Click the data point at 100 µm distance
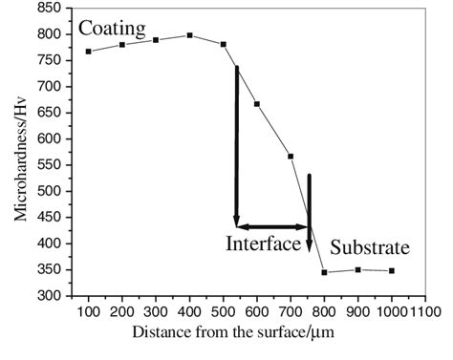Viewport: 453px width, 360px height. pos(89,52)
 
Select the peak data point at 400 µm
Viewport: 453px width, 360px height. pos(190,35)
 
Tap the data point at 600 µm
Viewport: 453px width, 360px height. pos(257,104)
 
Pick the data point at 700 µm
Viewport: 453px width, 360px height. pos(291,157)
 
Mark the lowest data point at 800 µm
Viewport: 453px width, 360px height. pos(325,272)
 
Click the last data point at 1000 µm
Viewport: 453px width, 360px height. pos(392,270)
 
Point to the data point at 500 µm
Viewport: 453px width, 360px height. pos(224,44)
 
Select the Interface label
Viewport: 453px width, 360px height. pos(264,244)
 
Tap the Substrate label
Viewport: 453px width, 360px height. pos(370,249)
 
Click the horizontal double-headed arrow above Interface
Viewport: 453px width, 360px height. pos(272,226)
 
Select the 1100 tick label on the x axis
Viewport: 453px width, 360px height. pos(425,311)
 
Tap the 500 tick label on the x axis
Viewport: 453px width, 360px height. pos(224,311)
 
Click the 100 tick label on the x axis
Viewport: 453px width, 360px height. pos(89,311)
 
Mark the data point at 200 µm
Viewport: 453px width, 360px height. pos(122,45)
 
